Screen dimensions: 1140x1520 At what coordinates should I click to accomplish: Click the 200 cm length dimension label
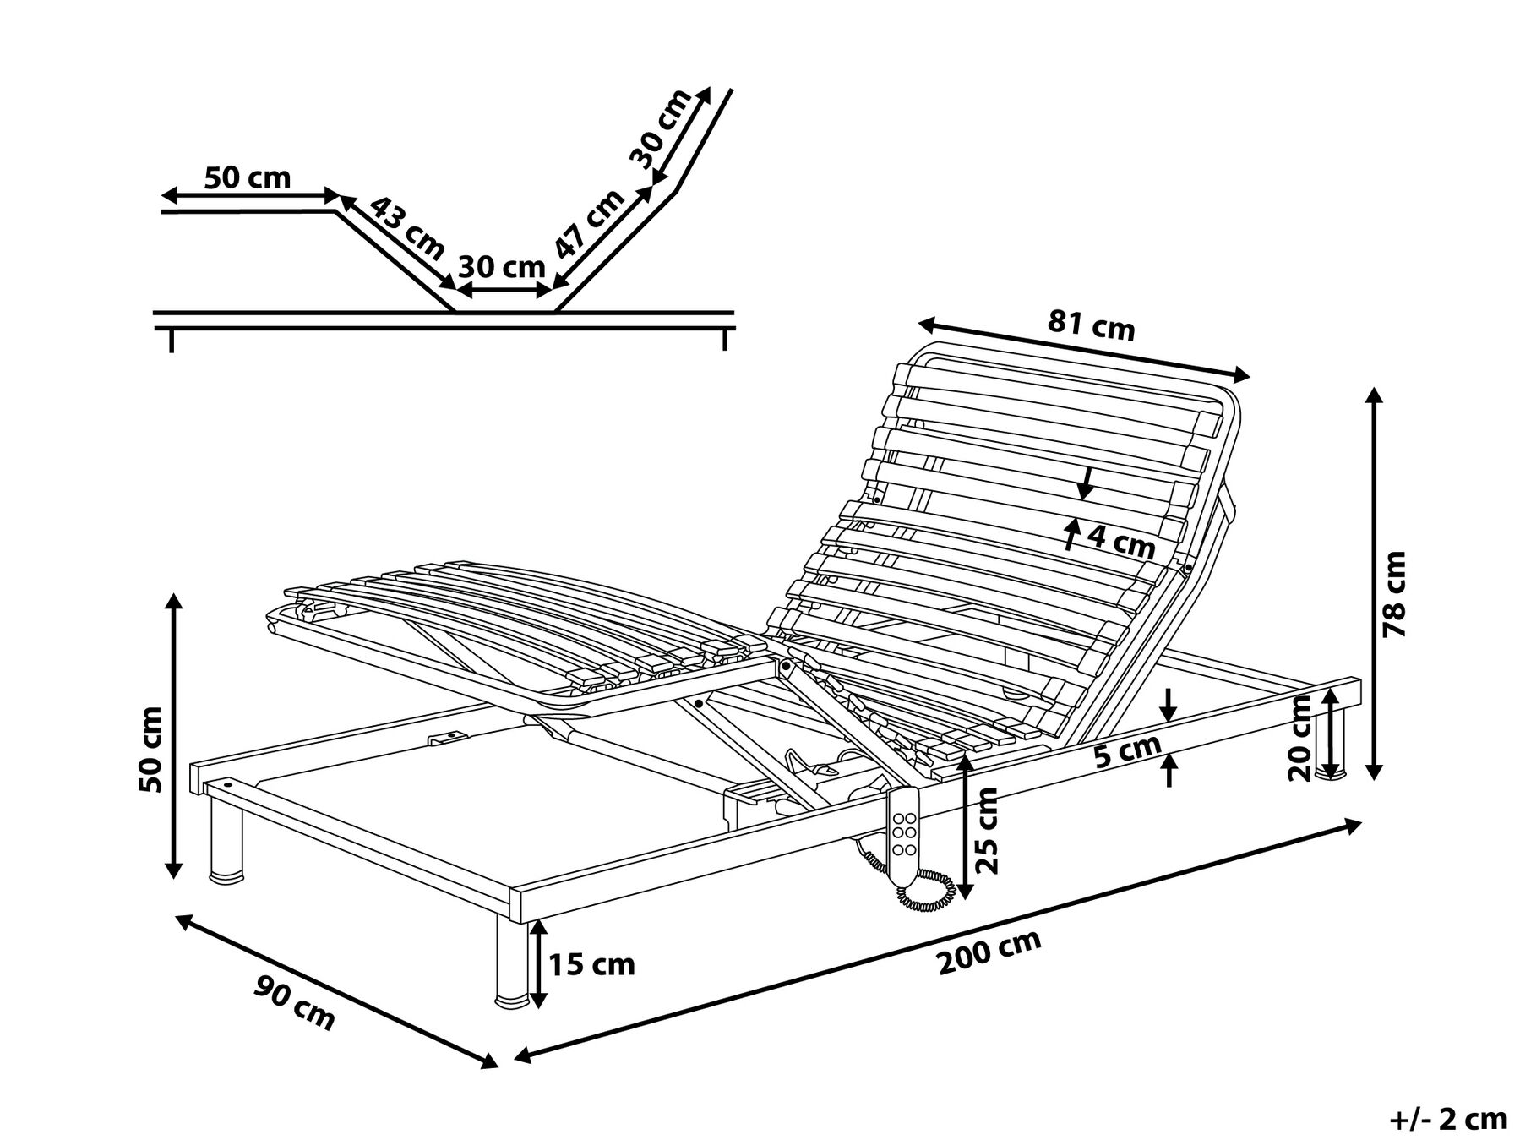tap(989, 952)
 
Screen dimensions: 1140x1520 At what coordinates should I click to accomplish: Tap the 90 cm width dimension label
tap(295, 1002)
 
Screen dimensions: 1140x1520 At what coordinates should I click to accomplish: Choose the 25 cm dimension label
tap(986, 830)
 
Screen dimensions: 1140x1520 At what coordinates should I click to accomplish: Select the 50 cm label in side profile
tap(248, 177)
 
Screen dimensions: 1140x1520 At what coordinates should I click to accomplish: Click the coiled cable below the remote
tap(928, 891)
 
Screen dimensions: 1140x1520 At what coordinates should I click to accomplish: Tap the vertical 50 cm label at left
tap(153, 748)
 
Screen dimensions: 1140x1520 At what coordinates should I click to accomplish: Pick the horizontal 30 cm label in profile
tap(501, 267)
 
